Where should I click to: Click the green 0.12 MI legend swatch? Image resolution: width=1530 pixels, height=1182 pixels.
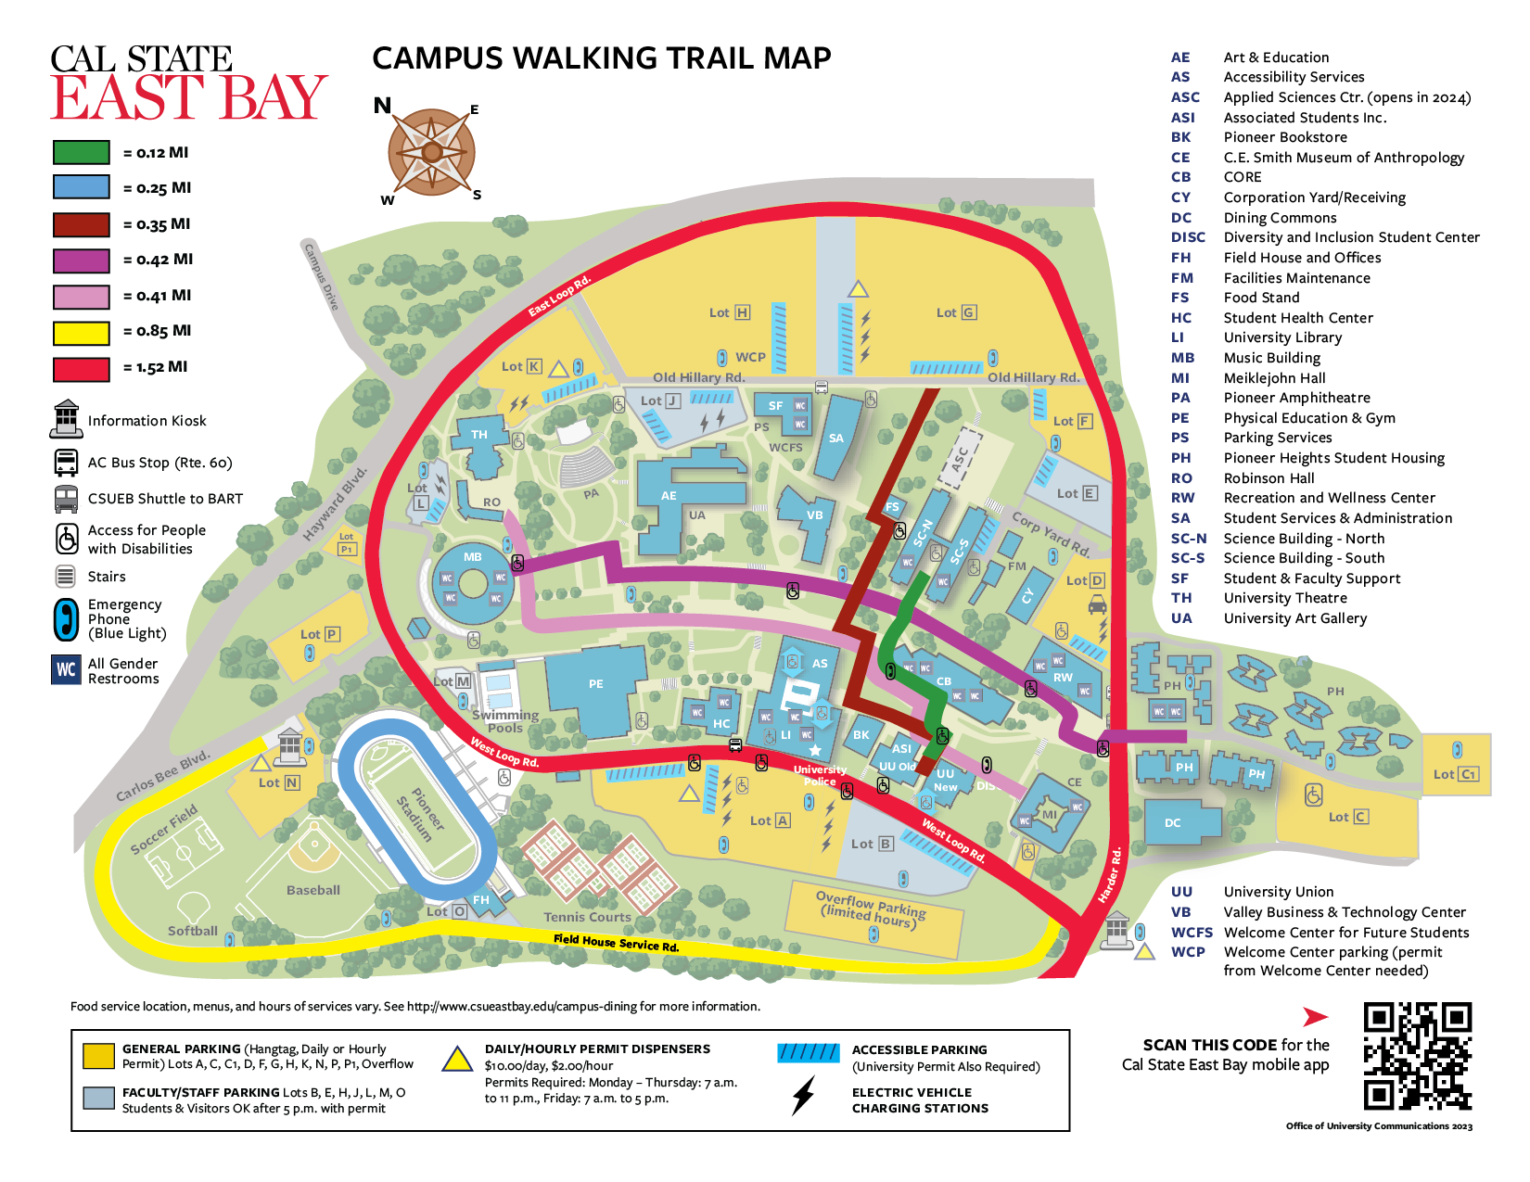[x=82, y=152]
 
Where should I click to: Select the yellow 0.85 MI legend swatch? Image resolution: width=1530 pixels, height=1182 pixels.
[x=82, y=332]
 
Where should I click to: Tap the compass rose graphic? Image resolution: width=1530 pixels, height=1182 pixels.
[x=431, y=152]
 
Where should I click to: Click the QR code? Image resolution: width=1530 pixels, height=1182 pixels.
[x=1417, y=1056]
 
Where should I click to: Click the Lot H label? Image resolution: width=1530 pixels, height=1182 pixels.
[x=729, y=313]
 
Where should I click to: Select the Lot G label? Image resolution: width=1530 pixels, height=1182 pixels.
[x=956, y=313]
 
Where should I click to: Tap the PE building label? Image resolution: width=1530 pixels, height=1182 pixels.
[x=595, y=684]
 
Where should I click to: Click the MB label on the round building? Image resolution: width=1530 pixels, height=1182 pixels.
[x=473, y=557]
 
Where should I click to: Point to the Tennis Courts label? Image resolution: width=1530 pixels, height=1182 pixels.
[x=587, y=917]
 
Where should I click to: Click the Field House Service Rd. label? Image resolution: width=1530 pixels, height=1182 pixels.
[x=616, y=943]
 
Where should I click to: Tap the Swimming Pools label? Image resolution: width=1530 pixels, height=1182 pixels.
[x=505, y=721]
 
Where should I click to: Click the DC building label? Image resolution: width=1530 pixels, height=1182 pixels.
[x=1172, y=823]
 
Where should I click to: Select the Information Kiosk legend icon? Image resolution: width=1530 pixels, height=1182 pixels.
[x=66, y=419]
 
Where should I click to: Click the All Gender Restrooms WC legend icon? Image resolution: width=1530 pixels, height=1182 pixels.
[x=67, y=669]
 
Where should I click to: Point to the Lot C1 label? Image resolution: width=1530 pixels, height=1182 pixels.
[x=1455, y=774]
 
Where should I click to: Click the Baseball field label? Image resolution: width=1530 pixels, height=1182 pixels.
[x=312, y=890]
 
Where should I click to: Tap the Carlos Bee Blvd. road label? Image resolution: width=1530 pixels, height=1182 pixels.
[x=162, y=776]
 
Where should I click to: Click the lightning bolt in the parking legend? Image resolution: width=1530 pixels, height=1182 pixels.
[x=804, y=1096]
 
